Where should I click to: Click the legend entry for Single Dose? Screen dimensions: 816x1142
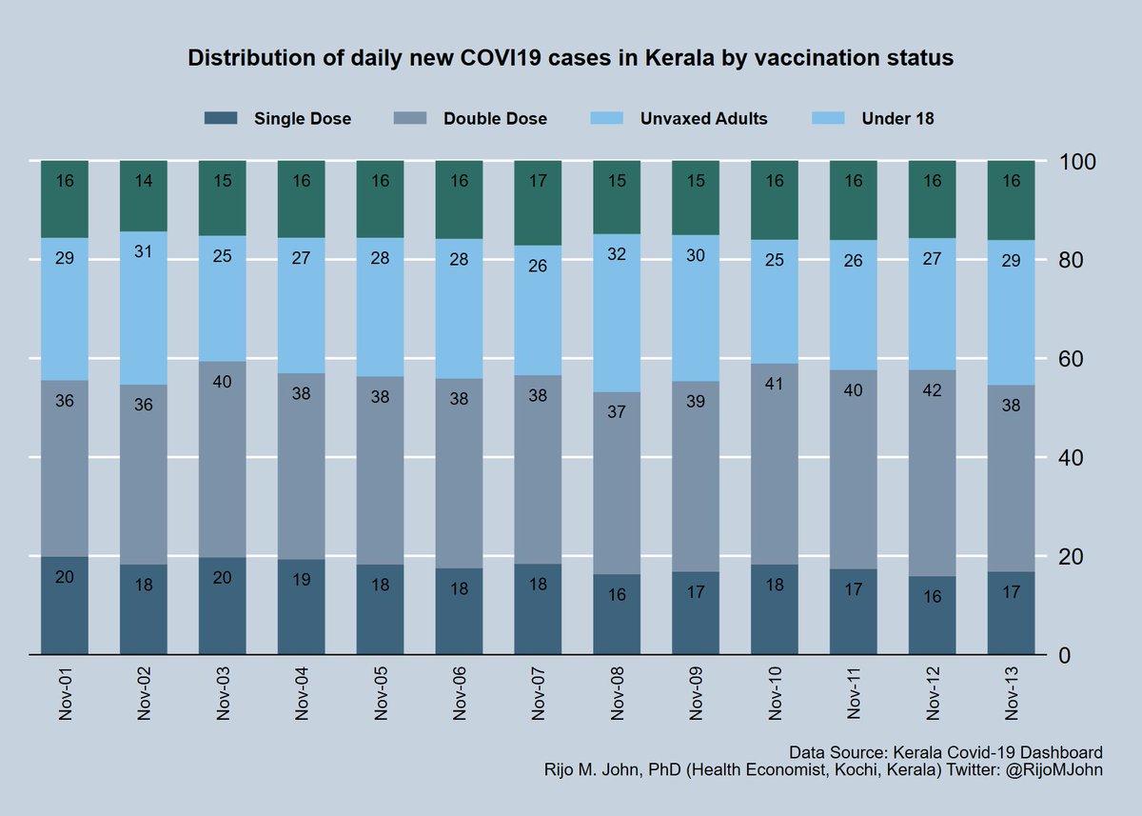tap(302, 119)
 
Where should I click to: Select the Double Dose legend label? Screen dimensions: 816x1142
tap(495, 119)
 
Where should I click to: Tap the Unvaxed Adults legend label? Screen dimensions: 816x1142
tap(703, 119)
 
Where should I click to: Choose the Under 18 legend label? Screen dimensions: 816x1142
tap(897, 119)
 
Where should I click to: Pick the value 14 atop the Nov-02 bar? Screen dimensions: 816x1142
tap(144, 180)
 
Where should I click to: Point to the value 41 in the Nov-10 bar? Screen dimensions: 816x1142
tap(775, 383)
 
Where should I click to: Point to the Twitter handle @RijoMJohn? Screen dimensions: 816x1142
tap(1055, 770)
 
